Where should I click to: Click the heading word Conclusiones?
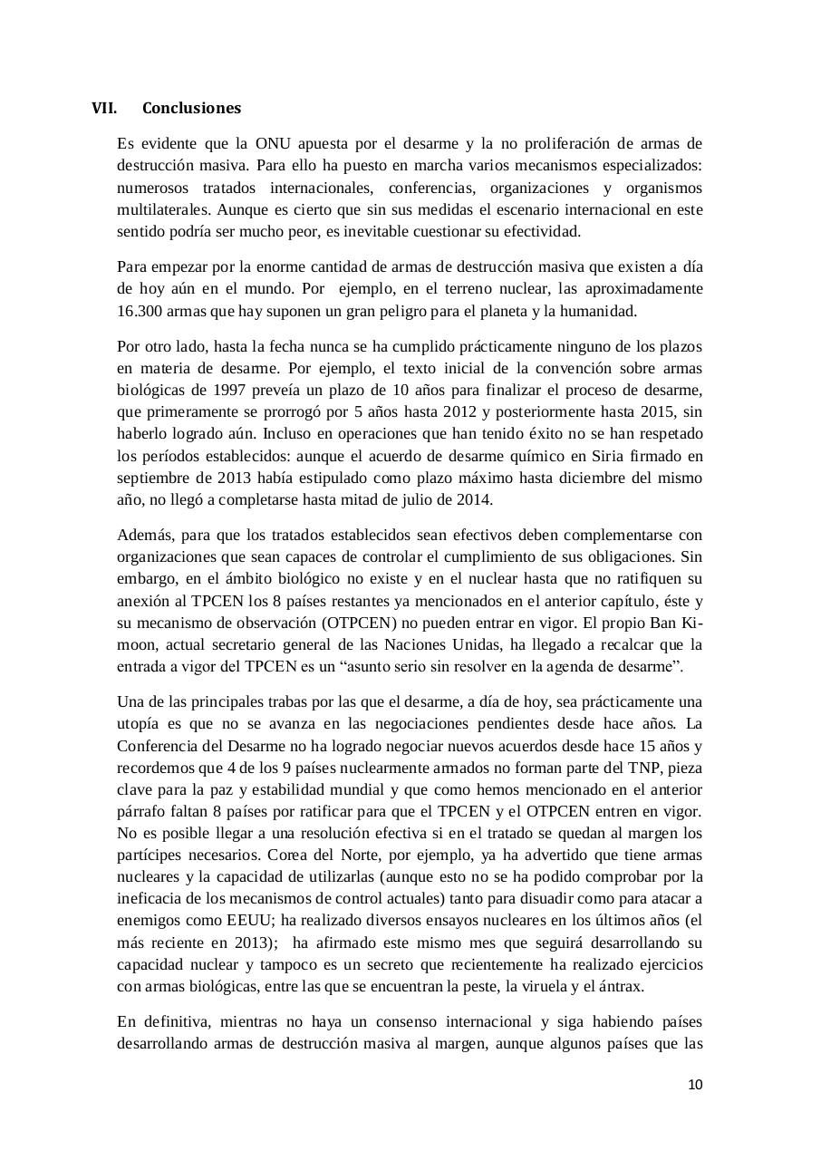[191, 108]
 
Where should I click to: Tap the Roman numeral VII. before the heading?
[104, 108]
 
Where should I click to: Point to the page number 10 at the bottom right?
[695, 1085]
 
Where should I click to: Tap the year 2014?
[475, 498]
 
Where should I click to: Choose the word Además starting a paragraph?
[142, 535]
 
